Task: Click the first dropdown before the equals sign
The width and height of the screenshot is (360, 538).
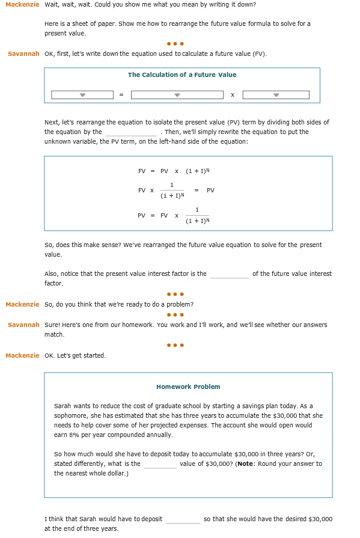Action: point(82,95)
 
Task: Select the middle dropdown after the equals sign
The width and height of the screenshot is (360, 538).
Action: point(177,95)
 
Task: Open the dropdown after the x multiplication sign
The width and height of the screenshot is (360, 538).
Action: point(276,95)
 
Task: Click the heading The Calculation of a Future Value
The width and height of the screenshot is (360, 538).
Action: point(182,75)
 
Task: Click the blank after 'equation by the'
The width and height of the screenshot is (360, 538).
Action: point(130,132)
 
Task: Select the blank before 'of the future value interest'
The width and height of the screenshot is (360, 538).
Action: point(229,274)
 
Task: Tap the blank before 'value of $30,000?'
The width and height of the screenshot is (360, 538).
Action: point(160,464)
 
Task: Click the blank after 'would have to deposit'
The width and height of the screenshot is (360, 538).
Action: point(183,519)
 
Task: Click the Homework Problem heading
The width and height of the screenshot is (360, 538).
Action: point(188,387)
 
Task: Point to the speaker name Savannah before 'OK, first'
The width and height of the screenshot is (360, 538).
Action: point(23,54)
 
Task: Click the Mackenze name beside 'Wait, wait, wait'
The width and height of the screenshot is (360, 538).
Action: point(22,5)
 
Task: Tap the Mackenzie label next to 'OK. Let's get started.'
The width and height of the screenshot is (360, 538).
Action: point(22,356)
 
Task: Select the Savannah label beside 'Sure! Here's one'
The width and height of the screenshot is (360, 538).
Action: point(23,325)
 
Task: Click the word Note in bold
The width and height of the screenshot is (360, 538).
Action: point(246,464)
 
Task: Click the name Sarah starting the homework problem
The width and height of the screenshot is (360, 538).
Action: point(63,406)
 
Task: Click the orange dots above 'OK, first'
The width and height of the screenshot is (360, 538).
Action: point(175,43)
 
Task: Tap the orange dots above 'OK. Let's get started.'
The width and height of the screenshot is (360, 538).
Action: point(175,345)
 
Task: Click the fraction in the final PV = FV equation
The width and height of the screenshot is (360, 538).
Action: point(197,215)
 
